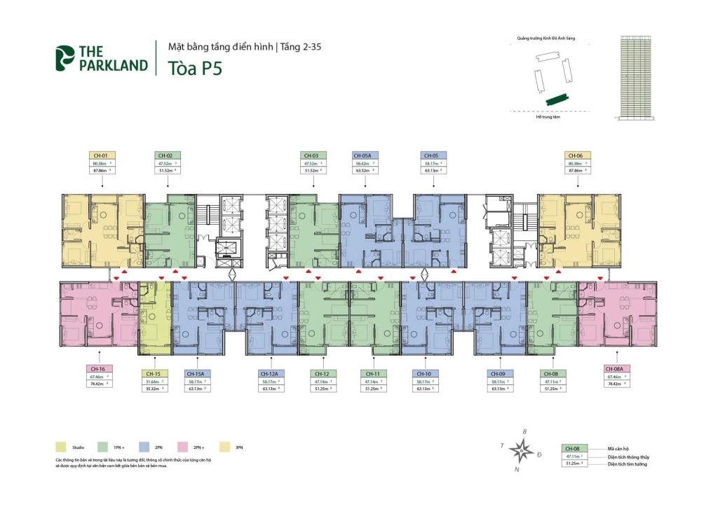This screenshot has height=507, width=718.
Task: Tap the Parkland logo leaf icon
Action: pos(65,59)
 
